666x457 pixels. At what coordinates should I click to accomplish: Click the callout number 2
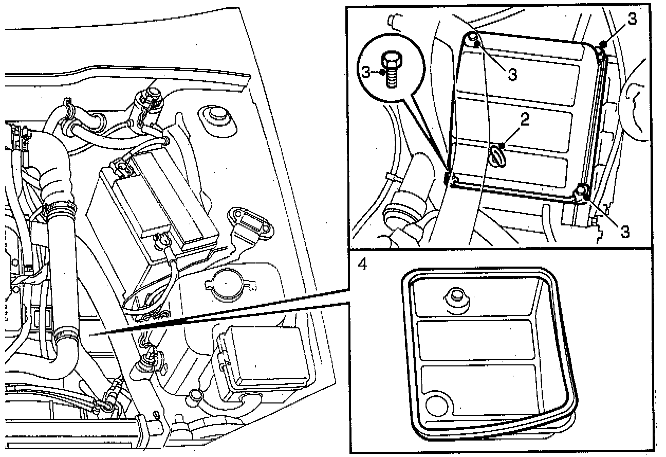[524, 119]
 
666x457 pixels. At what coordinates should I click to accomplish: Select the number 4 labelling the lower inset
[363, 263]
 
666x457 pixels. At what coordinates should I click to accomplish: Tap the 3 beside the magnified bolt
[366, 72]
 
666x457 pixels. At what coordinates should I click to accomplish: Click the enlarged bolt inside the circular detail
[392, 69]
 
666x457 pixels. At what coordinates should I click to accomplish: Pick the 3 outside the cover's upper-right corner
[632, 20]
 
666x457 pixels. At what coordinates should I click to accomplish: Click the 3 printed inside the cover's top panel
[512, 74]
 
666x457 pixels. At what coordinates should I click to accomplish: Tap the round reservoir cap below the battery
[224, 285]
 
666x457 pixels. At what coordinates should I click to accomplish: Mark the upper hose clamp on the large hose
[60, 208]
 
